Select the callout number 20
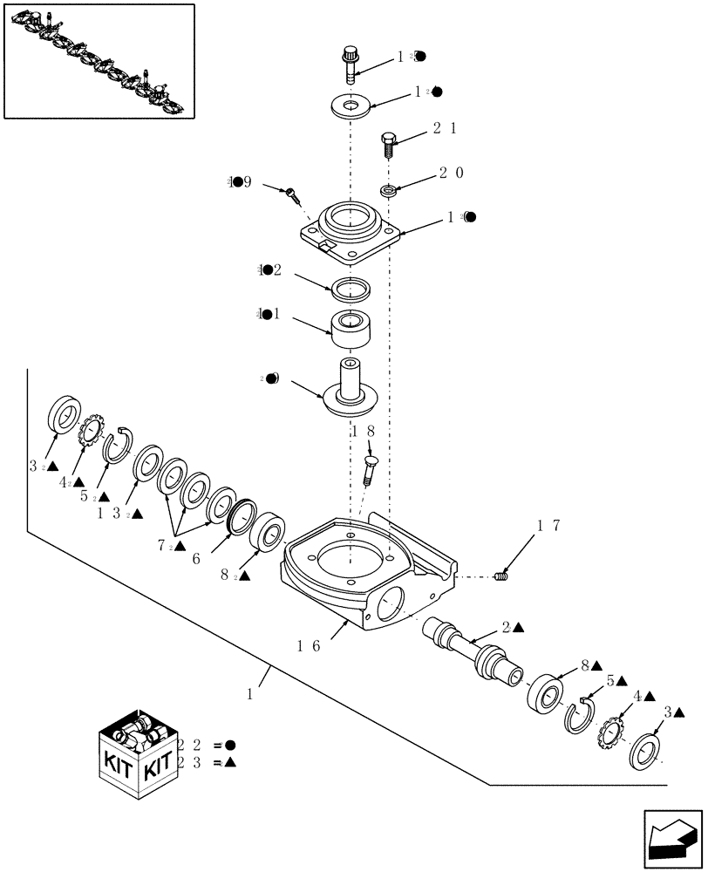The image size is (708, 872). click(450, 173)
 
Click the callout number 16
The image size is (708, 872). click(312, 645)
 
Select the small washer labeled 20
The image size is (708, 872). click(390, 190)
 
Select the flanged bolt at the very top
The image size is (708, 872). click(349, 62)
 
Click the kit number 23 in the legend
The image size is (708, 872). click(188, 762)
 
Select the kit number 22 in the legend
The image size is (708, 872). click(188, 746)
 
